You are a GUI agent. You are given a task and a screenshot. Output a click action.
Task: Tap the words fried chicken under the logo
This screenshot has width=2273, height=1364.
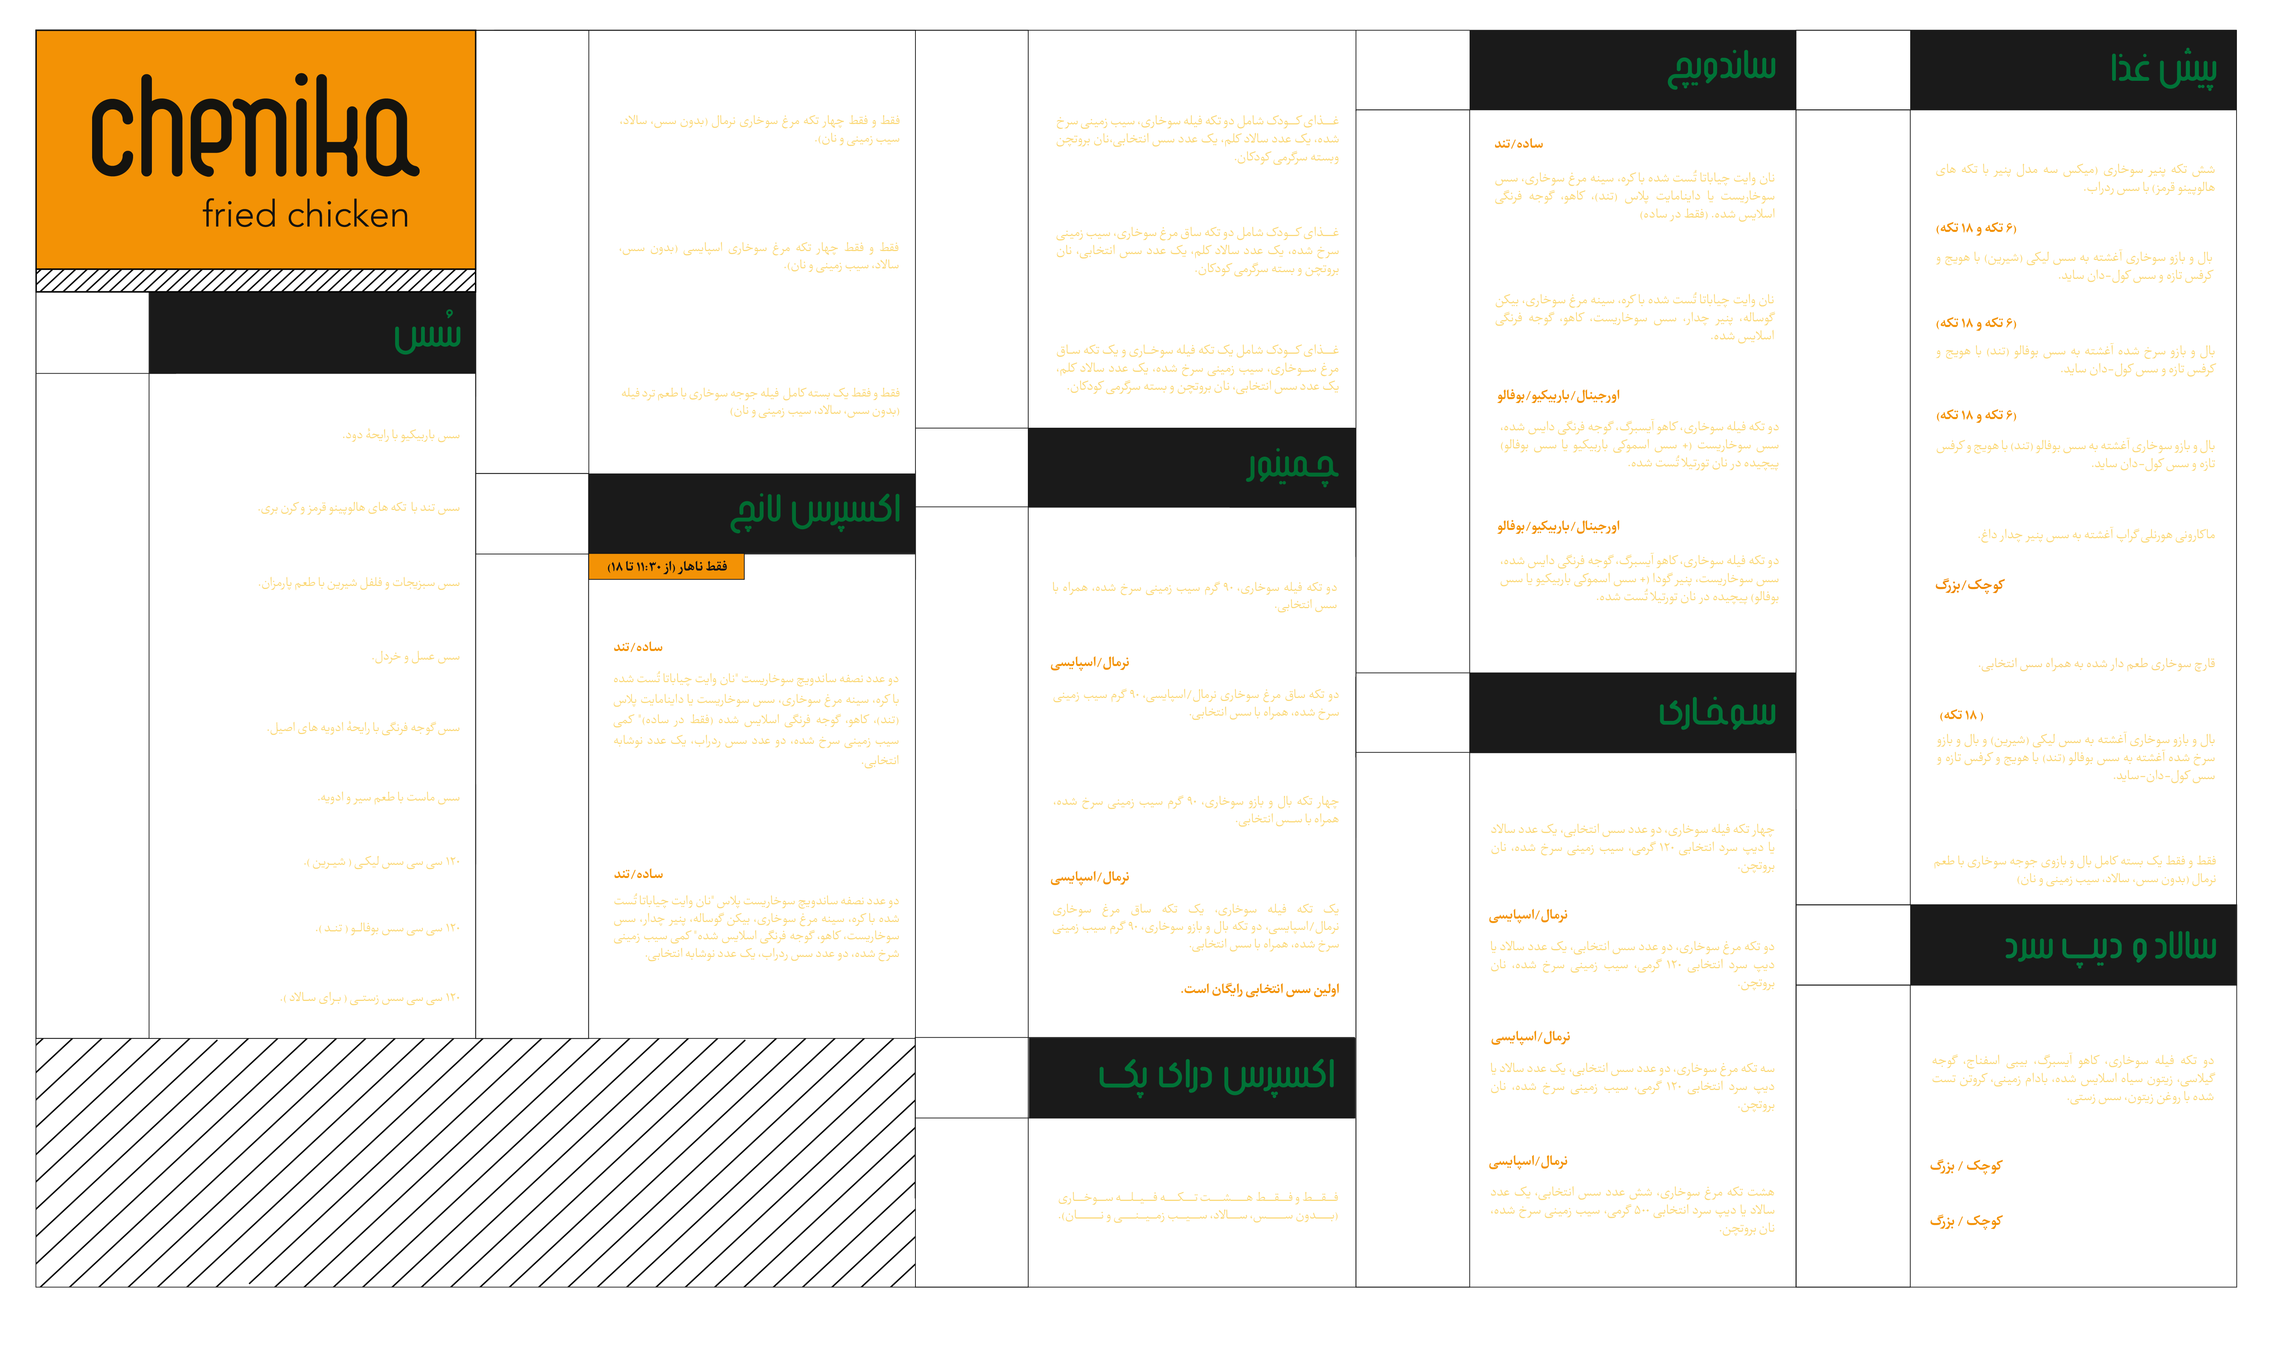click(x=305, y=215)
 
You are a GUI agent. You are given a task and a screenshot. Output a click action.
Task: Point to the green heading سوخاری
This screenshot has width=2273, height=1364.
click(x=1717, y=712)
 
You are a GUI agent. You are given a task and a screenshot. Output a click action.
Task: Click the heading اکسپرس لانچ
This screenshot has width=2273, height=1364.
click(x=814, y=511)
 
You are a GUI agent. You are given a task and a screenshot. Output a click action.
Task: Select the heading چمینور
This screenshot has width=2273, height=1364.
click(x=1291, y=466)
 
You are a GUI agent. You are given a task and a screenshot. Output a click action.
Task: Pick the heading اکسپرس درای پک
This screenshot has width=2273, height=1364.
click(x=1216, y=1075)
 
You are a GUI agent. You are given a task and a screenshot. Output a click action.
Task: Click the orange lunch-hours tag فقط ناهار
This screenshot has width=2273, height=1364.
click(x=666, y=566)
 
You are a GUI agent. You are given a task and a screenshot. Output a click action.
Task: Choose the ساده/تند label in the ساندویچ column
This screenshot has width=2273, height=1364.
click(x=1518, y=143)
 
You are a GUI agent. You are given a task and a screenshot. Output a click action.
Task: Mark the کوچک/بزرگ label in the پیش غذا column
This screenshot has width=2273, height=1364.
click(x=1969, y=584)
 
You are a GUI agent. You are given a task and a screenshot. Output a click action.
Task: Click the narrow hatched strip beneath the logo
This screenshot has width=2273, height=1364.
click(x=256, y=280)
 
